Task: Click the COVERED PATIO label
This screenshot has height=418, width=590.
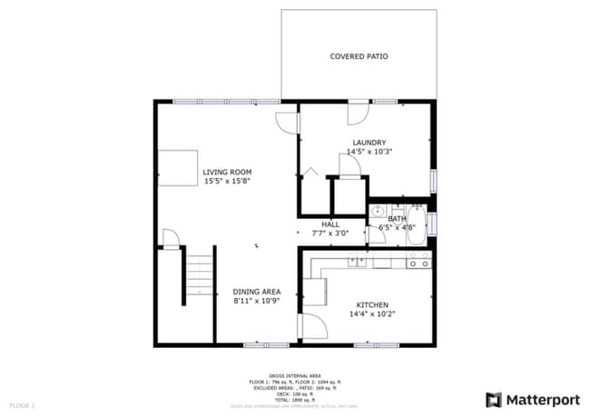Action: (x=359, y=56)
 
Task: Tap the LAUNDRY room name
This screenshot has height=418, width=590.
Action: (x=370, y=142)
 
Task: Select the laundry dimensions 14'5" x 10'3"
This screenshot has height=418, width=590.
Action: (x=370, y=152)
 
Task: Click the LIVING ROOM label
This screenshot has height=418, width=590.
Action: (x=227, y=172)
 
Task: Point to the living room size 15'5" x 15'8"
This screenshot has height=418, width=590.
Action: (x=227, y=181)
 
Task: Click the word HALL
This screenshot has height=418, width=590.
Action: (x=330, y=224)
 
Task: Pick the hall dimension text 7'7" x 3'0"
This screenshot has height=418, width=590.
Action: (x=330, y=233)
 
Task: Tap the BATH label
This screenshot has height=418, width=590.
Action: (x=398, y=218)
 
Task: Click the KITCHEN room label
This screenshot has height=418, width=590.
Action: (x=374, y=304)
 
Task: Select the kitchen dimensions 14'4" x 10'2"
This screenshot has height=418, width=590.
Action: (x=374, y=314)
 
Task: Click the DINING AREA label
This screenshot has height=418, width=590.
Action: (x=256, y=291)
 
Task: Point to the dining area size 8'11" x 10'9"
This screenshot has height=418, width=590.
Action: (x=256, y=300)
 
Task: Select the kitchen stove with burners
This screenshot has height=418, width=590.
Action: (x=418, y=263)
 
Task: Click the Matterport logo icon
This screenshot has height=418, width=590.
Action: (x=495, y=398)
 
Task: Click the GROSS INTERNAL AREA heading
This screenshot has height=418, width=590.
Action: (x=296, y=374)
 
